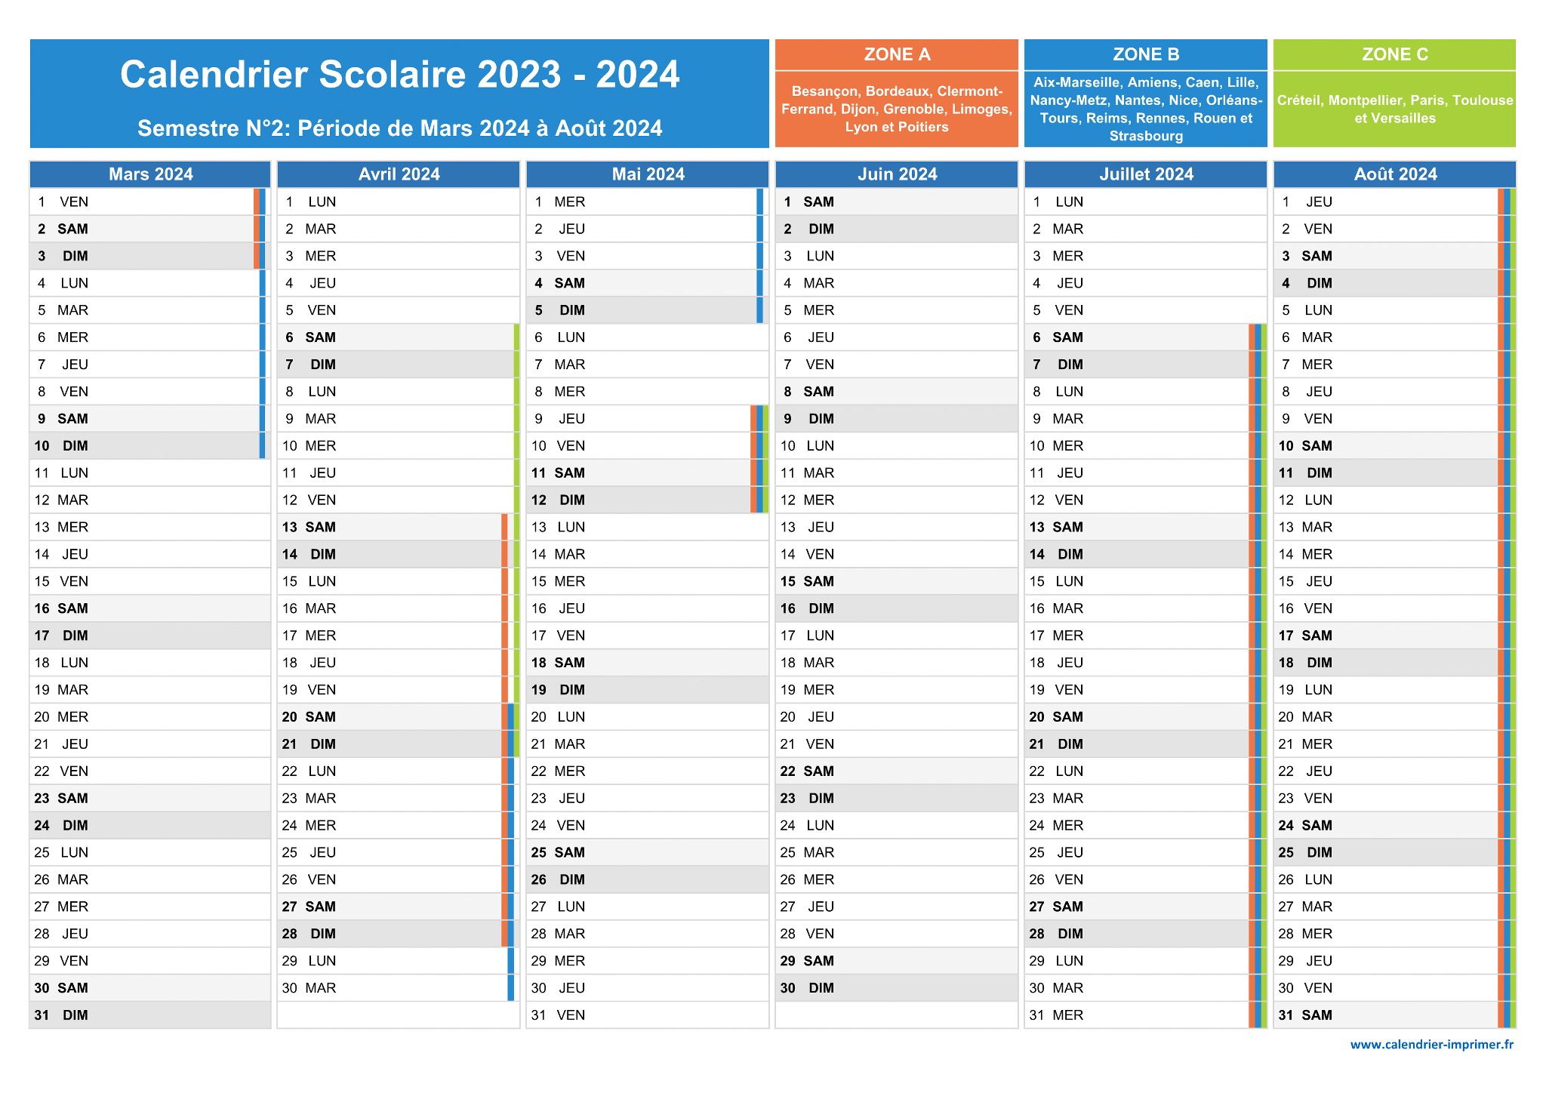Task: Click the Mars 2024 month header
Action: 150,174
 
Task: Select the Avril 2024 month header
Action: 399,174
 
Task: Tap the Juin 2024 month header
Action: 897,174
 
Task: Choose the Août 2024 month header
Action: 1395,174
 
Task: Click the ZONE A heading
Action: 897,54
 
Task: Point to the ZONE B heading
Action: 1146,54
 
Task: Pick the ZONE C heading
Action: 1395,54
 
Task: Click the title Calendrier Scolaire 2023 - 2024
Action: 400,74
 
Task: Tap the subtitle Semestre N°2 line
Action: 400,128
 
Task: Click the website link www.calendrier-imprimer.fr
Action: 1432,1045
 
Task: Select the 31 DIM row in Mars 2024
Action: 150,1015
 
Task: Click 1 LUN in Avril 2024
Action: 399,202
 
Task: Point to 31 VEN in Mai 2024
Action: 648,1015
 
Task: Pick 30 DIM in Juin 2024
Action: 897,988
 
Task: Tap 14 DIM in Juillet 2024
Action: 1146,554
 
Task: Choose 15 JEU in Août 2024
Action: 1395,581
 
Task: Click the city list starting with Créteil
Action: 1395,109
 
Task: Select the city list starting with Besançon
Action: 897,109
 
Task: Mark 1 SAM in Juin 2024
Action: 897,202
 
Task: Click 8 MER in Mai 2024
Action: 648,392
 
